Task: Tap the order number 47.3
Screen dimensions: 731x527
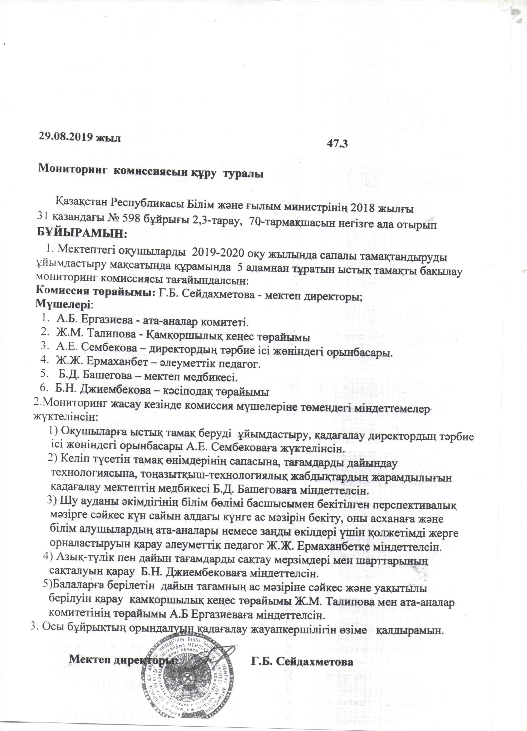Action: [337, 144]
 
